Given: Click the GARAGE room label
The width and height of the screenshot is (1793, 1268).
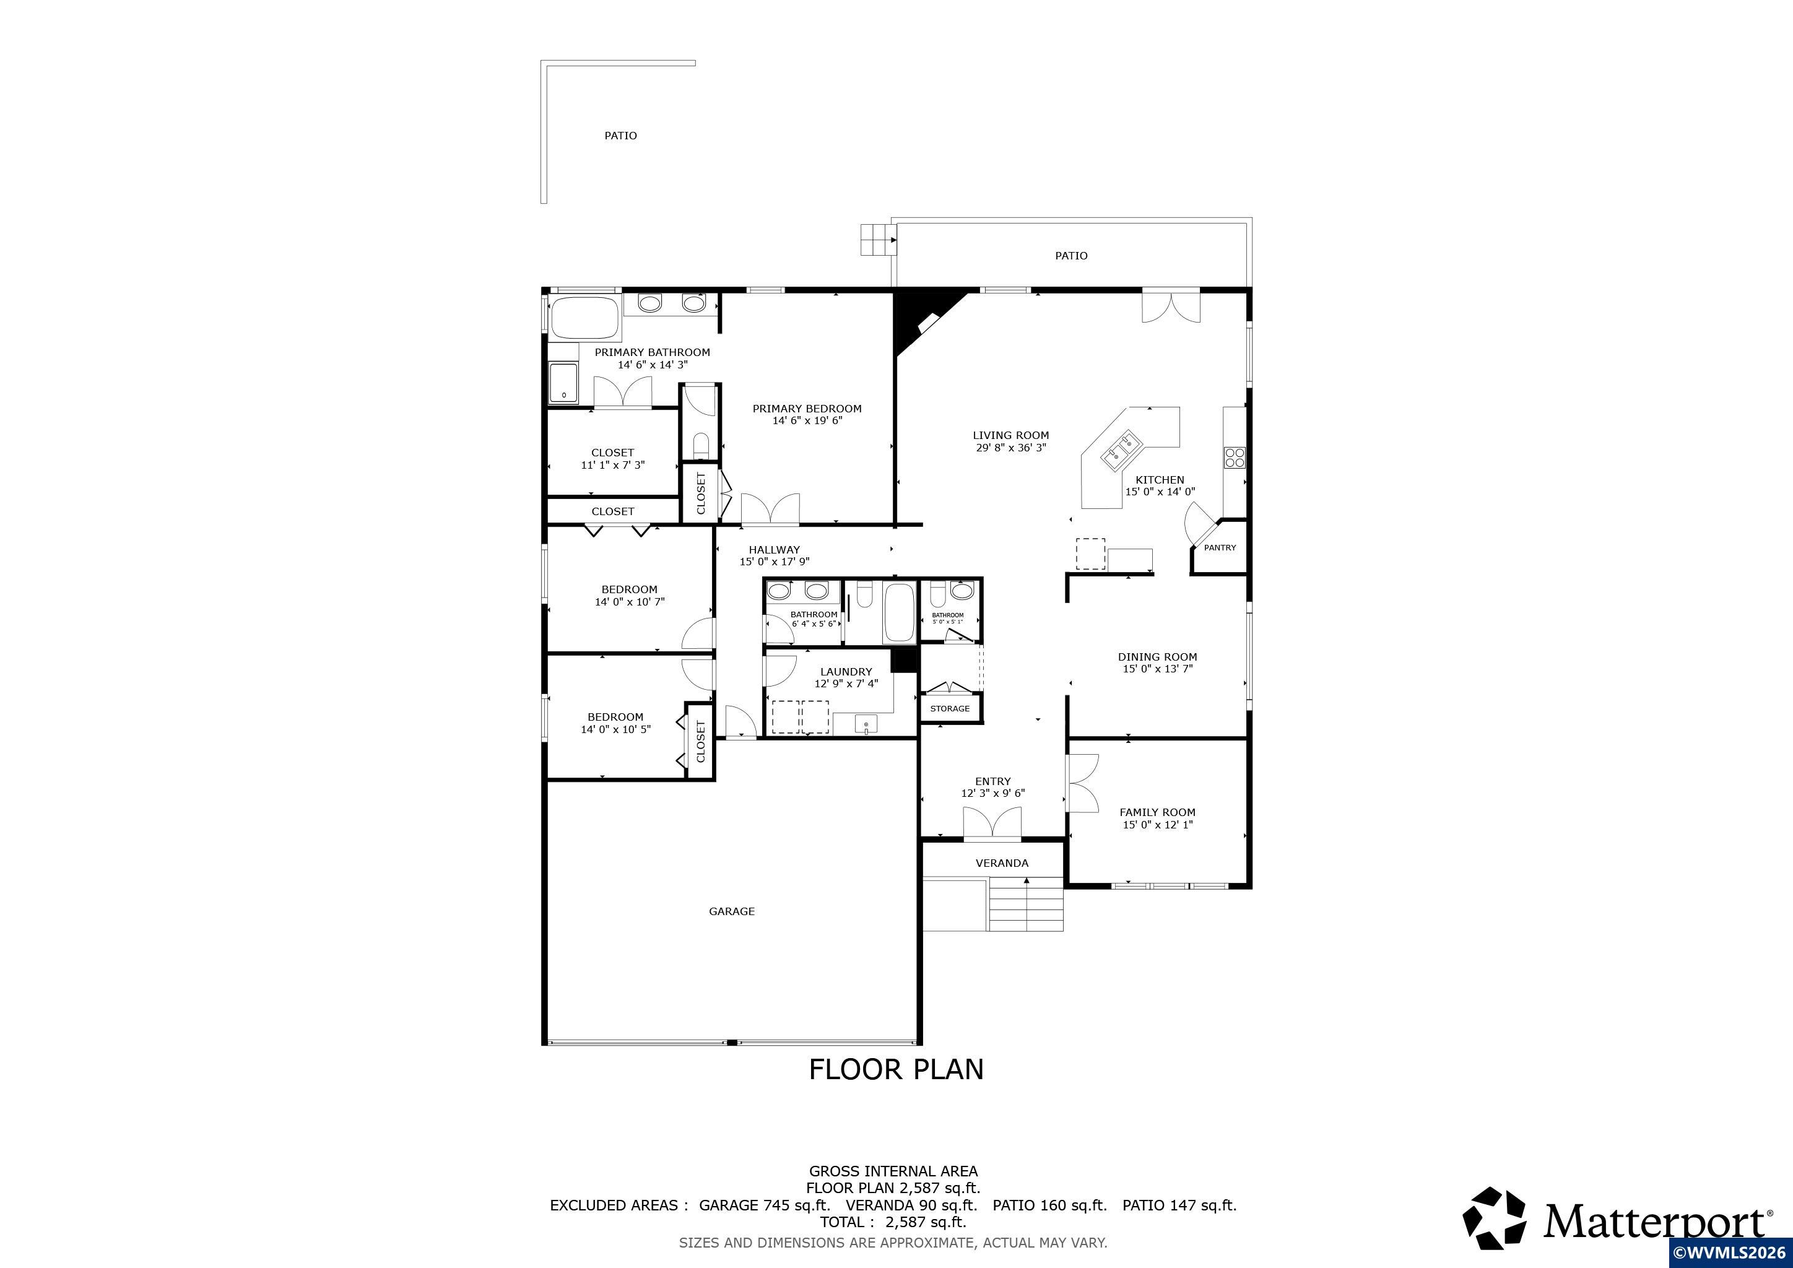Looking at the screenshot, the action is point(732,911).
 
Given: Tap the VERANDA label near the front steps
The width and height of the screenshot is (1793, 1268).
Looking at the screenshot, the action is point(1002,862).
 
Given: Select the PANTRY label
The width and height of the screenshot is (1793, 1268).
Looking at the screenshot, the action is point(1220,548).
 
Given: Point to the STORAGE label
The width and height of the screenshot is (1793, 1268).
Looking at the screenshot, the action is point(950,709).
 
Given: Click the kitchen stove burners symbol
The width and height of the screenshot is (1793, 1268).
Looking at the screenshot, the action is point(1235,457).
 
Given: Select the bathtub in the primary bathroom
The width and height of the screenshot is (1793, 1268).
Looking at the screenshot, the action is point(585,317).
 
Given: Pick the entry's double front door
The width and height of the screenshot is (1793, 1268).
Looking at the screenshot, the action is point(992,823).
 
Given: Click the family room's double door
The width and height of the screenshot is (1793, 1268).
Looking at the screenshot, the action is point(1083,783).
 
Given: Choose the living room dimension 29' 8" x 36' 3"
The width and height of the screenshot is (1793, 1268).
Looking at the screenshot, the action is point(1010,448).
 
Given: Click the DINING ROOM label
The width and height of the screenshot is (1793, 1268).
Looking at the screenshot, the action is point(1157,657).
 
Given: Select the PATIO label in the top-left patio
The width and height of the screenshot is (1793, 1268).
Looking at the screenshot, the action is point(621,136).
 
